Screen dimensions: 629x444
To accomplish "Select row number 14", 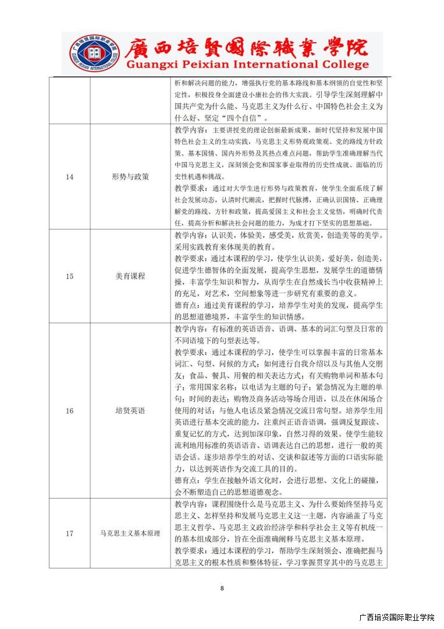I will pyautogui.click(x=69, y=176).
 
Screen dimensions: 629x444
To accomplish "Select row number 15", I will pyautogui.click(x=69, y=276).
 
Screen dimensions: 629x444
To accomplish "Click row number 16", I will pyautogui.click(x=69, y=411).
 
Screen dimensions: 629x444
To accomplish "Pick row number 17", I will pyautogui.click(x=69, y=533).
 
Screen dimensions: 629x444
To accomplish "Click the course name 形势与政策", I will pyautogui.click(x=130, y=176).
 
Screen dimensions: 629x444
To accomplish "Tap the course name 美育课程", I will pyautogui.click(x=130, y=276).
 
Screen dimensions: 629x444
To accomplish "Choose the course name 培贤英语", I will pyautogui.click(x=130, y=411).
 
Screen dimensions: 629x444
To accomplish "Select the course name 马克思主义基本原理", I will pyautogui.click(x=130, y=533).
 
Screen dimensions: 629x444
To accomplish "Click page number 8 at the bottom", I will pyautogui.click(x=222, y=588).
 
